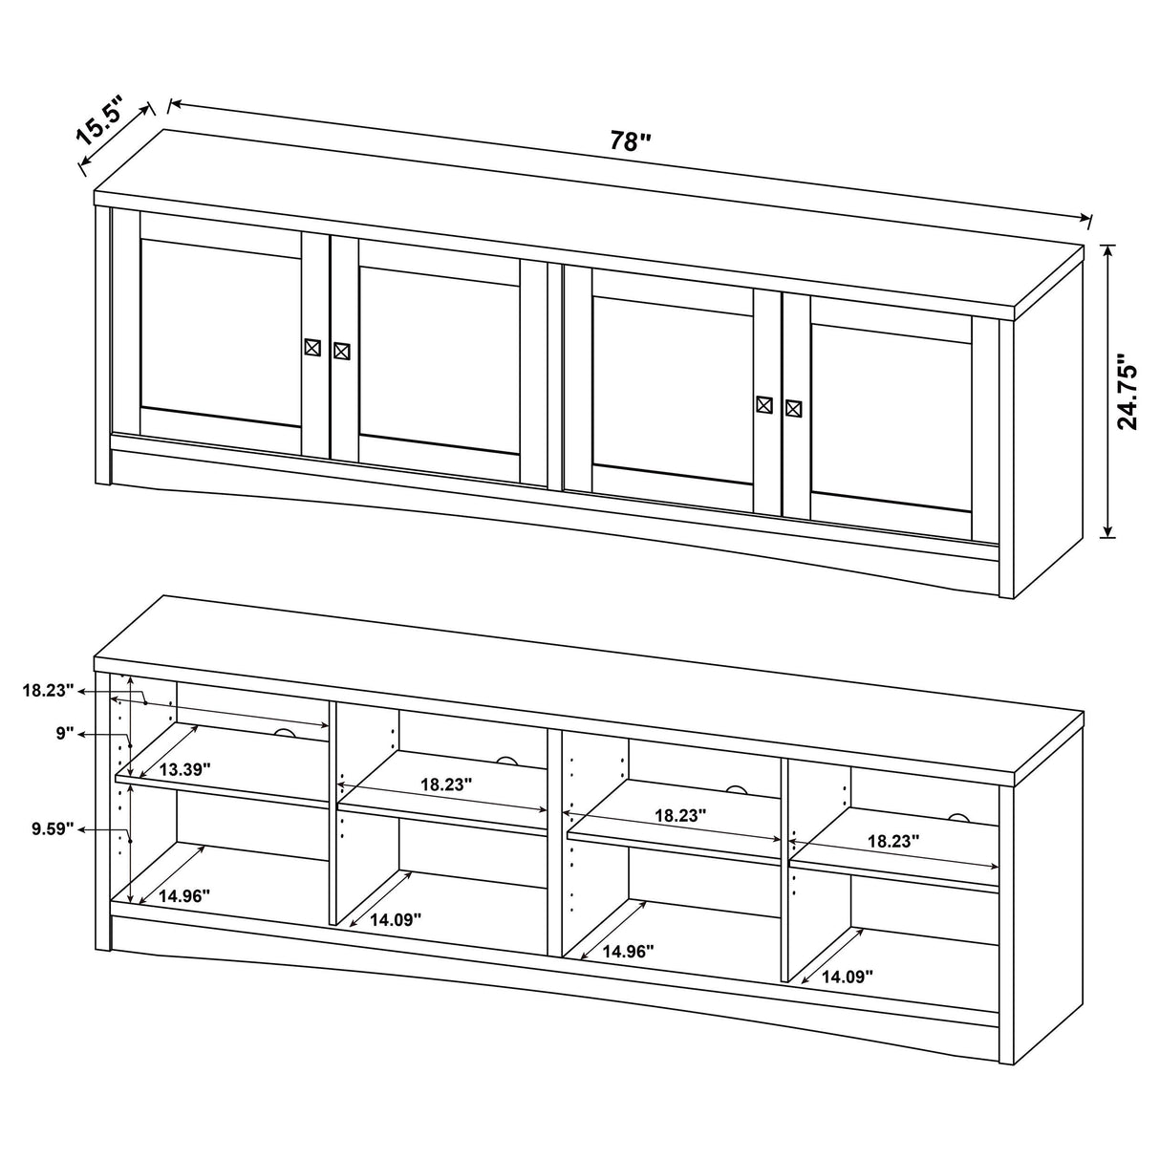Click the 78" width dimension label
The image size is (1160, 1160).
click(630, 141)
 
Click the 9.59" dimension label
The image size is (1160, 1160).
click(51, 829)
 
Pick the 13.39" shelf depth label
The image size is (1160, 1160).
click(184, 769)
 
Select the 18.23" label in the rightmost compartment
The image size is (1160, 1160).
click(893, 842)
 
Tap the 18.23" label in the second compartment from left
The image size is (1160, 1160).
click(446, 784)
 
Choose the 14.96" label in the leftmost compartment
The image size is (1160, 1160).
click(184, 895)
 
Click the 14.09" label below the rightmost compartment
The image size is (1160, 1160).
click(847, 977)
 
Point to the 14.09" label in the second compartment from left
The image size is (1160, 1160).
click(395, 919)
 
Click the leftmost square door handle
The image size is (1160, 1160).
click(312, 348)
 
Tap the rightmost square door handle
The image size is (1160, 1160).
click(793, 408)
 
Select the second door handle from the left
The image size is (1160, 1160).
click(342, 351)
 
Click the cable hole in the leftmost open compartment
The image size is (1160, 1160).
click(284, 733)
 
